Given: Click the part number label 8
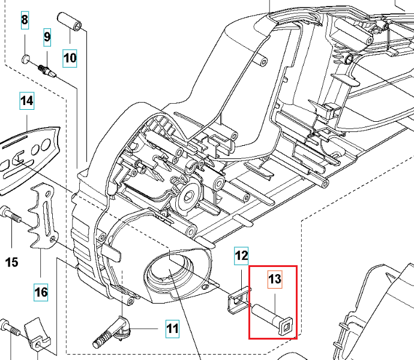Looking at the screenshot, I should [x=25, y=20].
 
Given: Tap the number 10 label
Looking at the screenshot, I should [x=70, y=58].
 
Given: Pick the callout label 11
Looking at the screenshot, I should [x=172, y=329].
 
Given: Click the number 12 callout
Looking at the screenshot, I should [x=241, y=257].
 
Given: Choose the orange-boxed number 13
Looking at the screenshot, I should [x=274, y=279].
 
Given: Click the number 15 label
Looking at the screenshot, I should [x=12, y=262].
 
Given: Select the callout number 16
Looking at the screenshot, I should [x=41, y=293].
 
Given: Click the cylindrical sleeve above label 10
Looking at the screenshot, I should [x=71, y=24].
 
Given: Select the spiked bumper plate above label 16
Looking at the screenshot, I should [x=43, y=216].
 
